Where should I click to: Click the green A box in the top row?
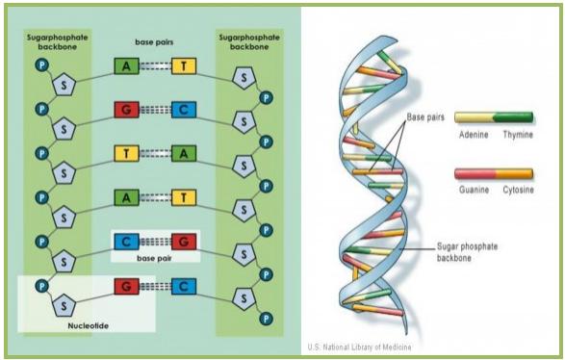coord(126,66)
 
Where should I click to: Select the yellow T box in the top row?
coord(184,66)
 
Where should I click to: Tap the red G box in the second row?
coord(126,110)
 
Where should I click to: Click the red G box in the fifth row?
coord(184,242)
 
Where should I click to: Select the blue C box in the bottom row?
coord(184,286)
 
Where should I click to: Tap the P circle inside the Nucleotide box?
coord(40,286)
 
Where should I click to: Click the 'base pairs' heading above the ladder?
coord(155,42)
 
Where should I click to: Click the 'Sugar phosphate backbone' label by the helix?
coord(470,254)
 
